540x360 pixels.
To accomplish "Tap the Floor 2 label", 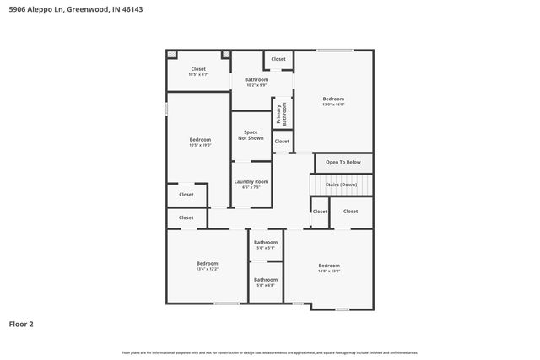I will [21, 323].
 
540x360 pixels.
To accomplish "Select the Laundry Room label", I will [251, 181].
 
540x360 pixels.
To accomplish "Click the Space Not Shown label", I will [251, 135].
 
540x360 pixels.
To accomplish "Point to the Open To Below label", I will [343, 162].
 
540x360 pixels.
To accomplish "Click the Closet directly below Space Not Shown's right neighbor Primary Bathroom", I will [282, 142].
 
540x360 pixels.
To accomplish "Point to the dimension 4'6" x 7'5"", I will [251, 187].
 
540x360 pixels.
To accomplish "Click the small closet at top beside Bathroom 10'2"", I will [278, 59].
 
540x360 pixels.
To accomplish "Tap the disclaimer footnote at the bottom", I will [269, 352].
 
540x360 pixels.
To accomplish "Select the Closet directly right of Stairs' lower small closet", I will [350, 212].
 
